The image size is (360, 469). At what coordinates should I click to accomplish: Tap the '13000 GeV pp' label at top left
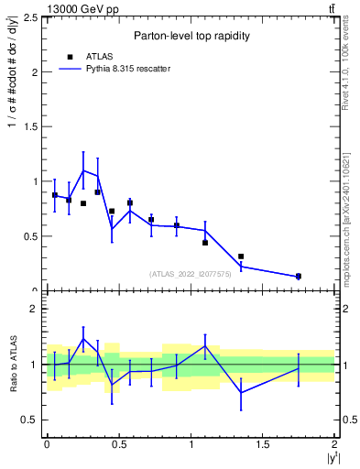tap(53, 9)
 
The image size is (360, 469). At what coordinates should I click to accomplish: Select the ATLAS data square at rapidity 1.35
tap(241, 256)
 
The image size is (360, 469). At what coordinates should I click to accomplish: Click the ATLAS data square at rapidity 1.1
tap(205, 243)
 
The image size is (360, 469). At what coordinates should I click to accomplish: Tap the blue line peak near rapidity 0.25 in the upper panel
tap(83, 170)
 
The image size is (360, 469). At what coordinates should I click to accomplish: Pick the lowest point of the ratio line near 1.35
tap(241, 393)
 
